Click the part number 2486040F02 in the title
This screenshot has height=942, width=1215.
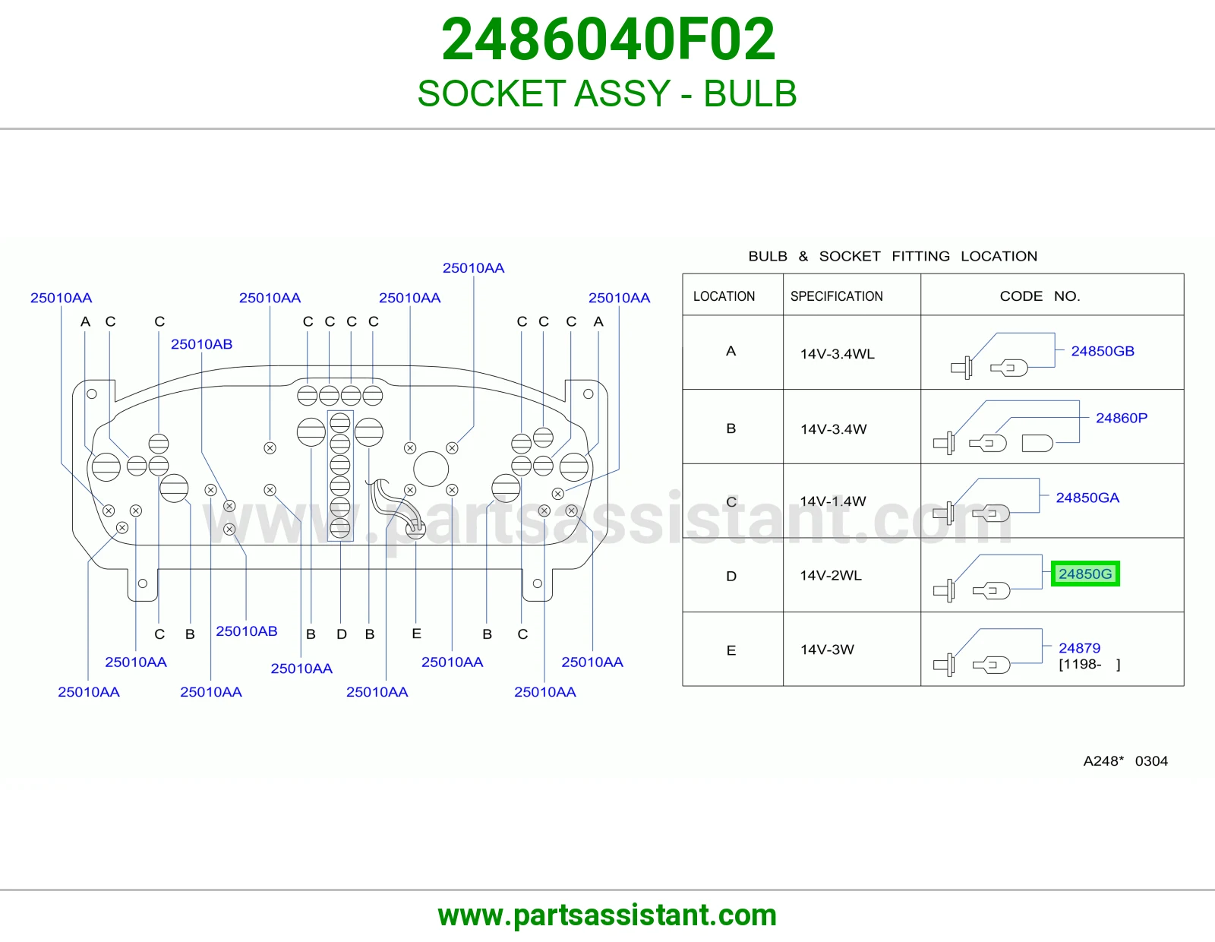tap(607, 40)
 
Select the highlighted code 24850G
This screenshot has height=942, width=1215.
tap(1084, 574)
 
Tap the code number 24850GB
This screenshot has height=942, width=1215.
tap(1103, 351)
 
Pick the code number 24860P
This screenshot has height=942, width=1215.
tap(1122, 418)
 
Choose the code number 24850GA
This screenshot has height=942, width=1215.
tap(1087, 498)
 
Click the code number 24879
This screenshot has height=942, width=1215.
tap(1079, 648)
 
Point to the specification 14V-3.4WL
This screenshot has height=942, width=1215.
tap(837, 353)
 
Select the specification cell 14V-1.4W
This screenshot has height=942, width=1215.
tap(832, 501)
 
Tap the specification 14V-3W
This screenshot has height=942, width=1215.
tap(827, 650)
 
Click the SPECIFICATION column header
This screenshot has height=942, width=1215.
tap(837, 296)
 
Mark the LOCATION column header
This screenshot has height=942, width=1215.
tap(724, 296)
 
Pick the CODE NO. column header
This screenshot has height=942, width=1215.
tap(1040, 296)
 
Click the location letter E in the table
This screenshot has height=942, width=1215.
tap(731, 650)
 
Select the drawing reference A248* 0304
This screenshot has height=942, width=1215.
tap(1125, 760)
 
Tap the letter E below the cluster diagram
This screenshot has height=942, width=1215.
tap(417, 634)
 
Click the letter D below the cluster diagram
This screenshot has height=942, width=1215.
tap(342, 634)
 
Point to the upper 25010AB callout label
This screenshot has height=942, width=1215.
tap(201, 344)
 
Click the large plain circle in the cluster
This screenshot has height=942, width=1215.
tap(431, 469)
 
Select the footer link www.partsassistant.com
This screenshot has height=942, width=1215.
tap(607, 915)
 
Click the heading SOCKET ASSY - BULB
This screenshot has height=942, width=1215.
tap(607, 93)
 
